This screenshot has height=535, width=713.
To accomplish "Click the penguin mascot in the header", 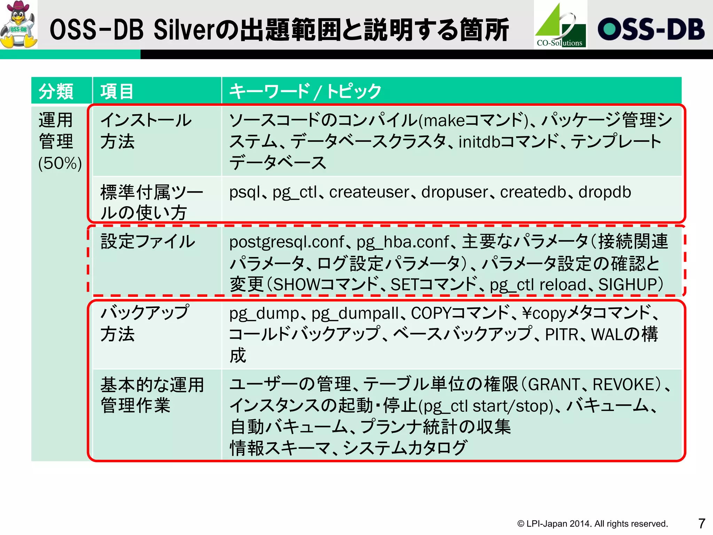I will click(19, 24).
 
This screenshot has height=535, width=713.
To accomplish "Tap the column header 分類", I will click(56, 92).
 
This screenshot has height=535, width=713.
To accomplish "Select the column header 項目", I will click(117, 92).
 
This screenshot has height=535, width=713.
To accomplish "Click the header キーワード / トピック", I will click(305, 92).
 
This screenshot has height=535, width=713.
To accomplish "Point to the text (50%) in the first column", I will click(60, 163).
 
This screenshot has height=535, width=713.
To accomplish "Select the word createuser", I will click(369, 192).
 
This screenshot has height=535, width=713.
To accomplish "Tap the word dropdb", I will click(605, 192).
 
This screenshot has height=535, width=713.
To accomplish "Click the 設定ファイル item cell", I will click(148, 242).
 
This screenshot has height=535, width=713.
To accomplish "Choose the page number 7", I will click(702, 523).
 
